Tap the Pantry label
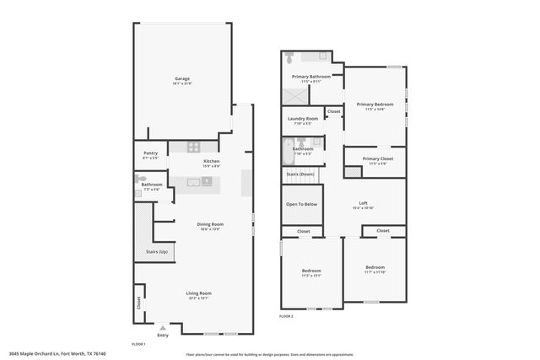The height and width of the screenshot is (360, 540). [150, 153]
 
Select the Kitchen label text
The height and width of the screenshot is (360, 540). [211, 161]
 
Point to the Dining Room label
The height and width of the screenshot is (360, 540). [209, 224]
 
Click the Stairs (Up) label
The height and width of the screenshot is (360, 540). [157, 251]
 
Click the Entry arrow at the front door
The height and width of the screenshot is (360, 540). [162, 327]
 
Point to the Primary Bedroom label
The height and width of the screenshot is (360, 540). [375, 105]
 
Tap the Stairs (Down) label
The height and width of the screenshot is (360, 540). [301, 175]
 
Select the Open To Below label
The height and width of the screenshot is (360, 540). [301, 204]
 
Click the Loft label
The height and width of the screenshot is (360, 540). [363, 203]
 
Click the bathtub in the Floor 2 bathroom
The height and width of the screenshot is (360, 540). [288, 153]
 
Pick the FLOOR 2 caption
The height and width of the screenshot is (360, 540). [286, 316]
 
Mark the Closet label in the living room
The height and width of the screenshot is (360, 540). [138, 301]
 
